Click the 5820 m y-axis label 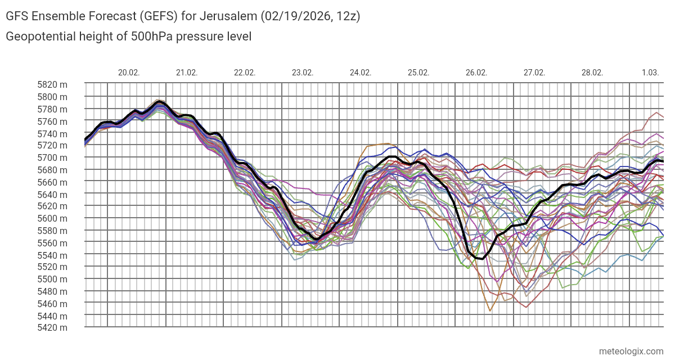[x=52, y=85]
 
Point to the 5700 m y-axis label [x=52, y=158]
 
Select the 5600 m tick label [x=52, y=219]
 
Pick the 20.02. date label [x=129, y=73]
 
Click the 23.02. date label [x=303, y=73]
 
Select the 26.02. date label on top [x=476, y=73]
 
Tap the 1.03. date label [x=650, y=73]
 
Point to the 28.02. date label [x=592, y=73]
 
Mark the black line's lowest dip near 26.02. [x=481, y=259]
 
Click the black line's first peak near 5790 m [x=159, y=102]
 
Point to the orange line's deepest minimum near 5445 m [x=490, y=310]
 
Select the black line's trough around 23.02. [x=317, y=240]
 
